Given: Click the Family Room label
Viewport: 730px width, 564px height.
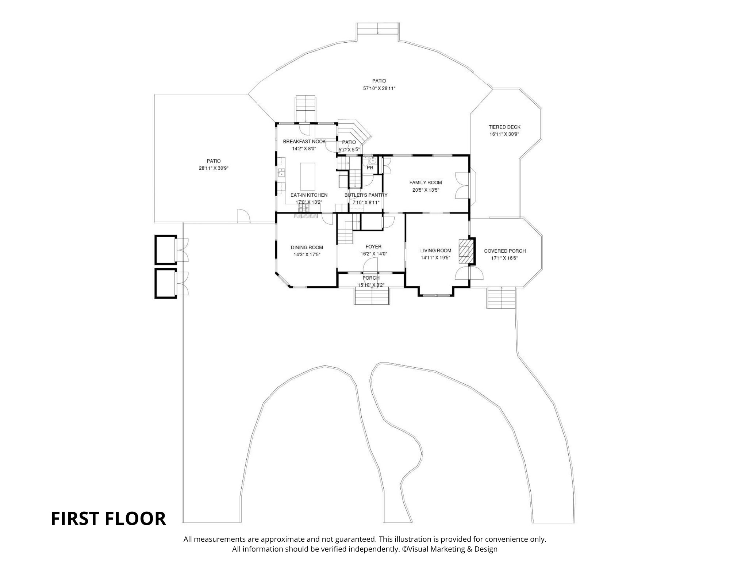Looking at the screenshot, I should [x=425, y=183].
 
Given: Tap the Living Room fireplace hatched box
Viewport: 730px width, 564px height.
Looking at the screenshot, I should [x=465, y=251].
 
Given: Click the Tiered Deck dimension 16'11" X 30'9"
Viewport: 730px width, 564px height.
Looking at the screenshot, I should [x=504, y=134].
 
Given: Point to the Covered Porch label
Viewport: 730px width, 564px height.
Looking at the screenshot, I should [x=505, y=251].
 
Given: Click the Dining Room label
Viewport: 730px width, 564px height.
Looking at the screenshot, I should [x=307, y=247].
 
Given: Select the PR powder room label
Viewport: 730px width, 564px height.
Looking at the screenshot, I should [x=370, y=168].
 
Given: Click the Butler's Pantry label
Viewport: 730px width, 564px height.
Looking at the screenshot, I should [x=366, y=195].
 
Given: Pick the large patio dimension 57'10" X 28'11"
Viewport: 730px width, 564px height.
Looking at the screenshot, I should [x=379, y=88].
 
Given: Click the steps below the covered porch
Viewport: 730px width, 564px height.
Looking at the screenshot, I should [x=502, y=298].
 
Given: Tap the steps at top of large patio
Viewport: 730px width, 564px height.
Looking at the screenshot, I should [x=378, y=29].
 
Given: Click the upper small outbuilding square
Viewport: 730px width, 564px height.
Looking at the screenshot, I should [x=166, y=250].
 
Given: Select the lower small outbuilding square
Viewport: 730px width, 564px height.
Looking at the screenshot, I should [x=166, y=283].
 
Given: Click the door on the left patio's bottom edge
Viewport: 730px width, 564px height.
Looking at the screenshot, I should [x=243, y=216].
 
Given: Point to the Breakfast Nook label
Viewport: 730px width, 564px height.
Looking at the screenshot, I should [x=304, y=141].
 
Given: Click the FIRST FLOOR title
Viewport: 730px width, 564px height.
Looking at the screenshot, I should [x=108, y=519].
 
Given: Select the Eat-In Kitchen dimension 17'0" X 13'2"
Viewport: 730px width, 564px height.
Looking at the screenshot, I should [x=309, y=202].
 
